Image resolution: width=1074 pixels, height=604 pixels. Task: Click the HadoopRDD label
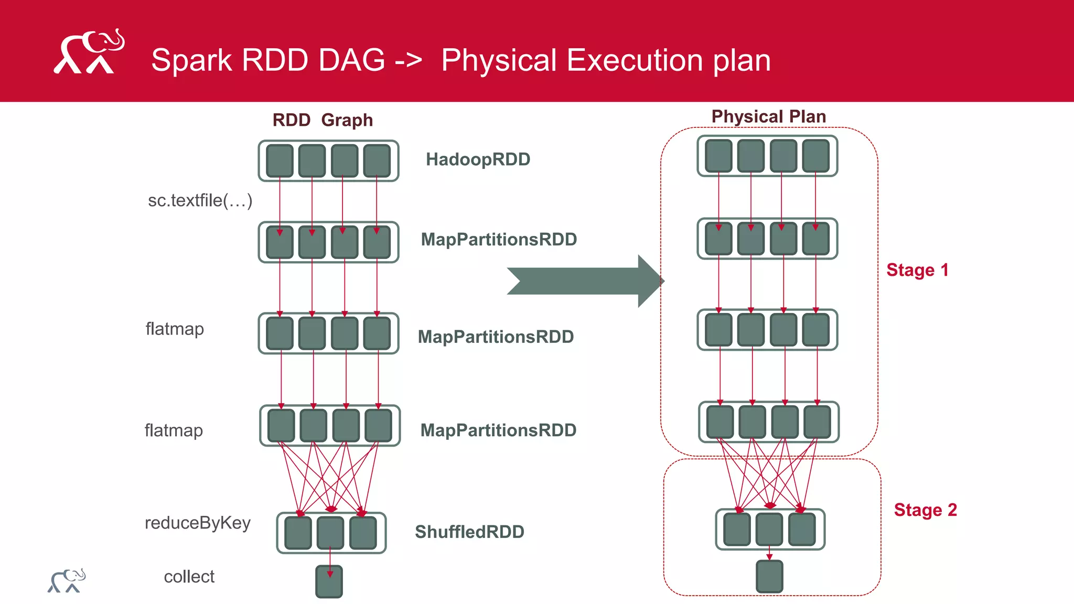coord(478,159)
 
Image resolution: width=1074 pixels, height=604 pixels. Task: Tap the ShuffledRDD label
coord(469,532)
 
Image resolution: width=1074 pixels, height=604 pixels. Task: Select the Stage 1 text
coord(917,270)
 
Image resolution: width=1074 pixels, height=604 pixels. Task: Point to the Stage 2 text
coord(925,510)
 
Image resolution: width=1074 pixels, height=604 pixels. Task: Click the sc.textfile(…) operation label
coord(200,200)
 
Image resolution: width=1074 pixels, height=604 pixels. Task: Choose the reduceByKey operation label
coord(197,523)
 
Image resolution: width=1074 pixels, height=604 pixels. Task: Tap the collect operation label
coord(189,577)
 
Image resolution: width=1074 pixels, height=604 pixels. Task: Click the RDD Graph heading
coord(323,120)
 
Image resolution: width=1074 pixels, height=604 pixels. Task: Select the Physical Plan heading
coord(768,116)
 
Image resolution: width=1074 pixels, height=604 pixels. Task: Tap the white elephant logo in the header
coord(89,52)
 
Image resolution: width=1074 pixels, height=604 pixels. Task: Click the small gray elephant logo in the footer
coord(67,581)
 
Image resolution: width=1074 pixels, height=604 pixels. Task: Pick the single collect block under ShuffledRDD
coord(329,581)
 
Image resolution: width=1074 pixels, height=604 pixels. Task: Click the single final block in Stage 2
coord(769,576)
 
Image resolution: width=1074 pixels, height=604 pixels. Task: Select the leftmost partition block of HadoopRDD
coord(280,160)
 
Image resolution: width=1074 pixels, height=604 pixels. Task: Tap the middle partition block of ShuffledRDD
coord(330,533)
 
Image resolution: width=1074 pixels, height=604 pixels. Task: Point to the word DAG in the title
coord(351,60)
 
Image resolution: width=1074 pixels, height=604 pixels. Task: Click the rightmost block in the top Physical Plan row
coord(815,156)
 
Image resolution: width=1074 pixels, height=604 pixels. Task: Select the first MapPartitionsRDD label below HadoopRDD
coord(499,240)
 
